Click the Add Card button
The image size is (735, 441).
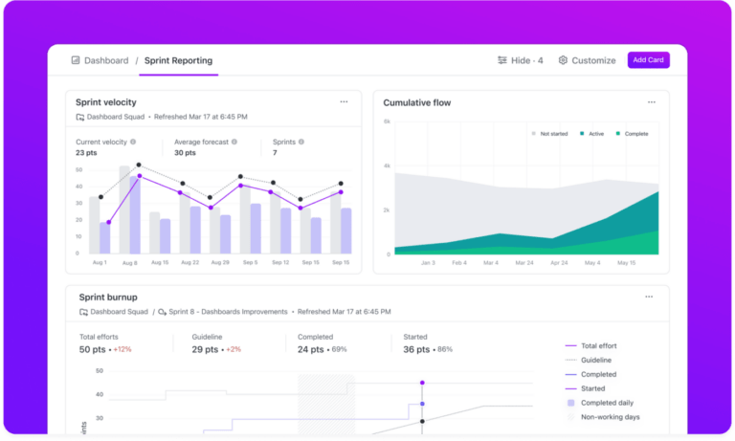pyautogui.click(x=649, y=60)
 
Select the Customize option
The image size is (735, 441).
pyautogui.click(x=587, y=60)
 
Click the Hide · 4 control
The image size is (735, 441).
pyautogui.click(x=521, y=60)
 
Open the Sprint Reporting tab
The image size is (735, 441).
pyautogui.click(x=178, y=60)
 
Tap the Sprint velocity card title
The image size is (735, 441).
pyautogui.click(x=106, y=102)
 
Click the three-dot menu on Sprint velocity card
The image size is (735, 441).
pyautogui.click(x=344, y=101)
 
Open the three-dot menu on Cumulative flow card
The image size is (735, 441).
pyautogui.click(x=652, y=101)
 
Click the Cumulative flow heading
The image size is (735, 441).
pyautogui.click(x=416, y=102)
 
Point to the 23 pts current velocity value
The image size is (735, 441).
pyautogui.click(x=86, y=152)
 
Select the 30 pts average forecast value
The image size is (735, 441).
pyautogui.click(x=186, y=152)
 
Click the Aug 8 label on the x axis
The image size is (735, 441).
pyautogui.click(x=127, y=262)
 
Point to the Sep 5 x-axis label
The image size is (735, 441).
pyautogui.click(x=249, y=262)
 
